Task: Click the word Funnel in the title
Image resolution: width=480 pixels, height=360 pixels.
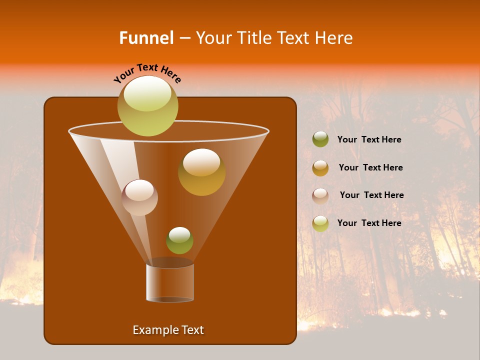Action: coord(146,38)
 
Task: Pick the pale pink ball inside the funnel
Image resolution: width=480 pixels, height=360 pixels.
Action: coord(139,197)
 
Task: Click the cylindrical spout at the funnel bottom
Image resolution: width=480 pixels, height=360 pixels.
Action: coord(170,283)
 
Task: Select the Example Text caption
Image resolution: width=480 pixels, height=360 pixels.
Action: coord(168,330)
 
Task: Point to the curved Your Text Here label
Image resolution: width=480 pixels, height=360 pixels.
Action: coord(147,73)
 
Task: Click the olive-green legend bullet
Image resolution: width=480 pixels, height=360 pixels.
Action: coord(320,139)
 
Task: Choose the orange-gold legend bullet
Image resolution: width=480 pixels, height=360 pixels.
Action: coord(320,167)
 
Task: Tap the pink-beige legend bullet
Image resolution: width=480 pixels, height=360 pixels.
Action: coord(320,195)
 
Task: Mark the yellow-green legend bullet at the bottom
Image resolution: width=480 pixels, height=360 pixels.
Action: coord(320,223)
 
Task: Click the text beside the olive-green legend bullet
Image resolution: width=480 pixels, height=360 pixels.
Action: coord(369,139)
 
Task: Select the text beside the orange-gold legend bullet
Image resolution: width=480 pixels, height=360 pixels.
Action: coord(370,167)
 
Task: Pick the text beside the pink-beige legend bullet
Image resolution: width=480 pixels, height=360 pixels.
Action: coord(371,195)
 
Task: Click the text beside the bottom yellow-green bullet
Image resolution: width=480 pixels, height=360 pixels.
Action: coord(369,223)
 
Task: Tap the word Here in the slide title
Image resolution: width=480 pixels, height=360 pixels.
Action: coord(335,38)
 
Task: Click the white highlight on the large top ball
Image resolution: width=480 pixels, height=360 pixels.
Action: coord(147,94)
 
